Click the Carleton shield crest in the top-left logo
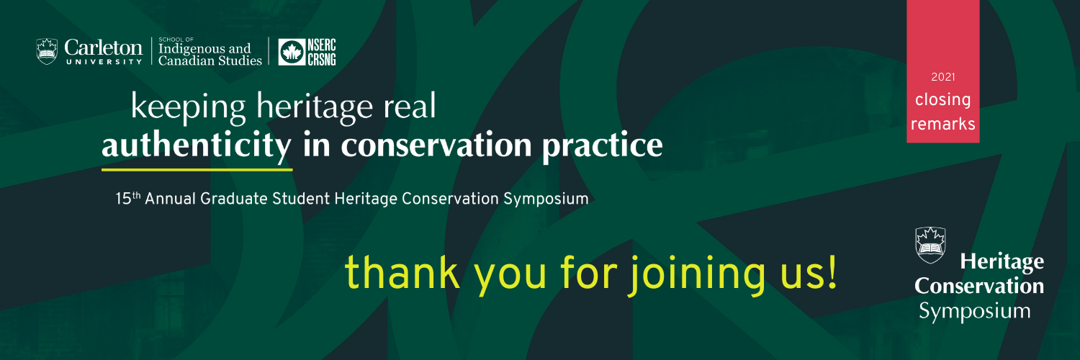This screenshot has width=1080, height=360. point(47,51)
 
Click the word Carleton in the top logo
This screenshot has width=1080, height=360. point(103,48)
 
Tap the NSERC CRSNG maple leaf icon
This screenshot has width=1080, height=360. point(292,52)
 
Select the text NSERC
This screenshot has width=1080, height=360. point(322,45)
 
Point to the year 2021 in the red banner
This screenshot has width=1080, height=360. point(943,76)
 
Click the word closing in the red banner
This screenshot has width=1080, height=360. point(942,100)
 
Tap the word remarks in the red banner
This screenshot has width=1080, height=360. point(942,124)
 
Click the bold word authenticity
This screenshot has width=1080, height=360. point(197,145)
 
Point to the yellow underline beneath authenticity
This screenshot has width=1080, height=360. point(197,170)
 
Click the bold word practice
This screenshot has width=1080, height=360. point(602,146)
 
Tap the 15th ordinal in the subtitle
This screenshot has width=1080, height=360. point(127,198)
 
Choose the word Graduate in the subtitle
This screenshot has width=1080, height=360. point(233,199)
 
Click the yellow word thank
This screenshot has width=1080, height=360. point(402,273)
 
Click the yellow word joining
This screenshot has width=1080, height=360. point(697,274)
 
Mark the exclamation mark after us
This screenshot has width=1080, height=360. point(832,273)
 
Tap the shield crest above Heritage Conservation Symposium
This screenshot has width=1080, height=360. point(930,246)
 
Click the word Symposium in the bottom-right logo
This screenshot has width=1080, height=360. point(974,311)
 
